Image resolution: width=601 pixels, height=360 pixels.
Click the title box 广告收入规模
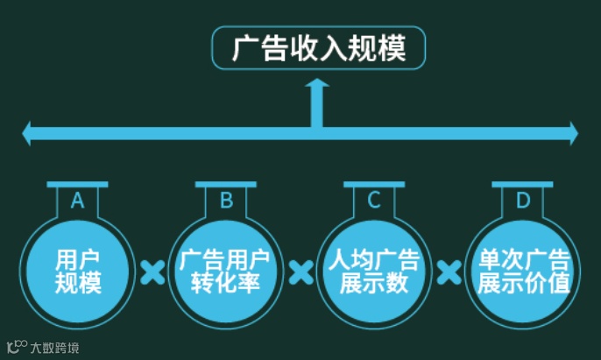point(319,47)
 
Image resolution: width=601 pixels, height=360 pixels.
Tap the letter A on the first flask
point(78,201)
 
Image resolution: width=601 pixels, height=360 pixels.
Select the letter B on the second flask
point(226,201)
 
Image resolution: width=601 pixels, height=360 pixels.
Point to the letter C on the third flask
point(374,201)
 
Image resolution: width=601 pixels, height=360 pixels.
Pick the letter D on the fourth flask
point(522,201)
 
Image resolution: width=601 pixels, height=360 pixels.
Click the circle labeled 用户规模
point(78,270)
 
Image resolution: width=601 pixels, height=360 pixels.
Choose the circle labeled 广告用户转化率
point(226,270)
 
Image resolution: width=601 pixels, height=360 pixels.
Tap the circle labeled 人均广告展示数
point(374,270)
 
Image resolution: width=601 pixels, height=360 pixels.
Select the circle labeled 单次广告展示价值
point(522,270)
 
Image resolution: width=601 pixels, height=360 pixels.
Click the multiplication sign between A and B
point(152,272)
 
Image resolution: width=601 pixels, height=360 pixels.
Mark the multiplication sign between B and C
point(300,272)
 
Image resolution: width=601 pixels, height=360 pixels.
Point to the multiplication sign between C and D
point(449,272)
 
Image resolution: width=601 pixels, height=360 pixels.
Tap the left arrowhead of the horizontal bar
point(28,133)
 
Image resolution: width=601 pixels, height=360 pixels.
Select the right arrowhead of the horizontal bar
point(572,133)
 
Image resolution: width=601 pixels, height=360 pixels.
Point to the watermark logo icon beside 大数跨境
point(16,347)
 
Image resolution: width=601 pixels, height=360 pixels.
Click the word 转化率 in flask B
point(226,283)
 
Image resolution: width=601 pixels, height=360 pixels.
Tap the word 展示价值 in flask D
point(522,283)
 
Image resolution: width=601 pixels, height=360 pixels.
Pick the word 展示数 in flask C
point(374,283)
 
